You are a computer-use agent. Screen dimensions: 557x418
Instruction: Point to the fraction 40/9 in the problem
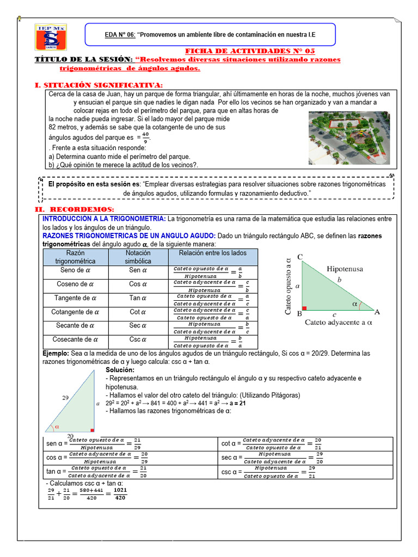[145, 137]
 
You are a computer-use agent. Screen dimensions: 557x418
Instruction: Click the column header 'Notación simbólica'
[138, 257]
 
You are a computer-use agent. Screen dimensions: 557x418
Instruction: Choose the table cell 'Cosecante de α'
[76, 339]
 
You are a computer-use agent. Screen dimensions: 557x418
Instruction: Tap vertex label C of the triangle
[300, 257]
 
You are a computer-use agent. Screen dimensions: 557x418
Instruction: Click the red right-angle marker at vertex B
[304, 308]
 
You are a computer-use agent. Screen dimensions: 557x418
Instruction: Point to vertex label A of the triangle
[377, 312]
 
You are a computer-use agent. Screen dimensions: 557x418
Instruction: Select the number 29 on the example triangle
[66, 398]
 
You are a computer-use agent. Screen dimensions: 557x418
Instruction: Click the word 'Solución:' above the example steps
[120, 370]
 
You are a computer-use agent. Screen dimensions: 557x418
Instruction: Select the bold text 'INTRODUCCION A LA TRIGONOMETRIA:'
[104, 218]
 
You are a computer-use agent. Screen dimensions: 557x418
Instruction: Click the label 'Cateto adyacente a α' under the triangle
[337, 322]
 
